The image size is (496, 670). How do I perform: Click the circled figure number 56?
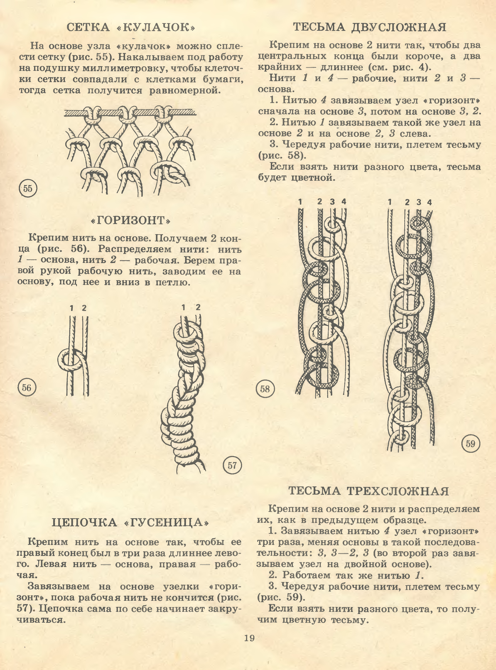[x=27, y=388]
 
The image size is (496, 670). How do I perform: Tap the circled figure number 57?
[x=232, y=466]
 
